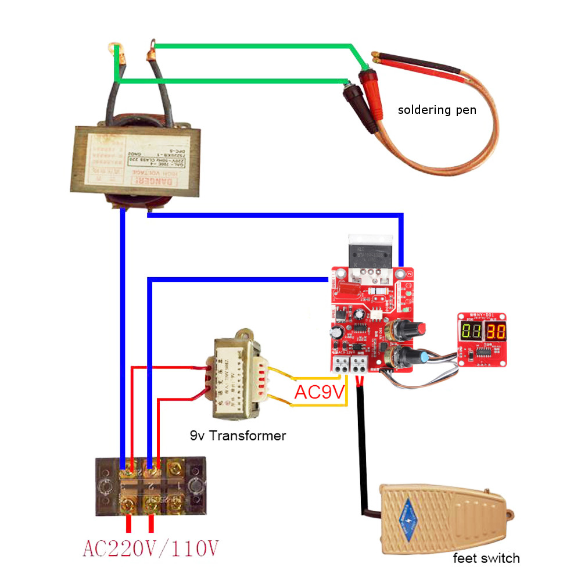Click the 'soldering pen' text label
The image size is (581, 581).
[x=437, y=109]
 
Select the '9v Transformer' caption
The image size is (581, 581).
[x=238, y=435]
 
